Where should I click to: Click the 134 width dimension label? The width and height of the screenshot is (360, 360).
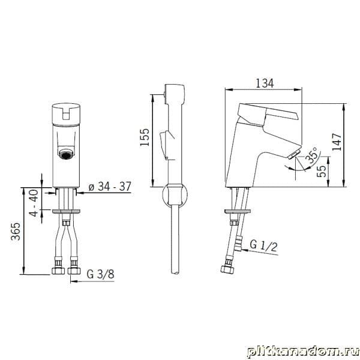pos(265,83)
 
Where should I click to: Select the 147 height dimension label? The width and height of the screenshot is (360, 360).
pos(337,142)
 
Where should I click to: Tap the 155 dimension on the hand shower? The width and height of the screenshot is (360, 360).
pos(145,137)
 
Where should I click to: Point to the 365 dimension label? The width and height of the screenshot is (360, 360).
pos(16,231)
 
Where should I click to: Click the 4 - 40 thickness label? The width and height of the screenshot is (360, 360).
pos(34,203)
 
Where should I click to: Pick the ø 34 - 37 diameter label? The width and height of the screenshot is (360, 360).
pos(110,187)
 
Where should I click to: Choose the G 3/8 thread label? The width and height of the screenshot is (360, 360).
pos(100,274)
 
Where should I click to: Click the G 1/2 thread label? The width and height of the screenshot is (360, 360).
pos(263,246)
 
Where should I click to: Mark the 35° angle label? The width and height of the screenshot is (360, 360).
pos(313,155)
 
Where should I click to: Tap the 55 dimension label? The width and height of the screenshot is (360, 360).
pos(322,171)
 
